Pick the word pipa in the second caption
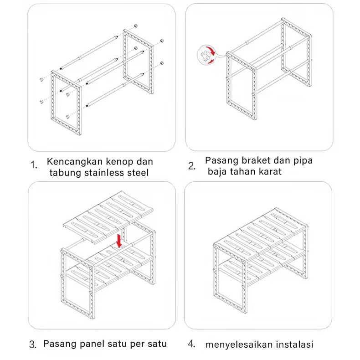[x=303, y=161]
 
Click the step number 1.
[x=33, y=165]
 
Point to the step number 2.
[x=191, y=166]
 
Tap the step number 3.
[x=33, y=345]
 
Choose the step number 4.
[x=191, y=344]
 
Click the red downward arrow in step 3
[x=119, y=241]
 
